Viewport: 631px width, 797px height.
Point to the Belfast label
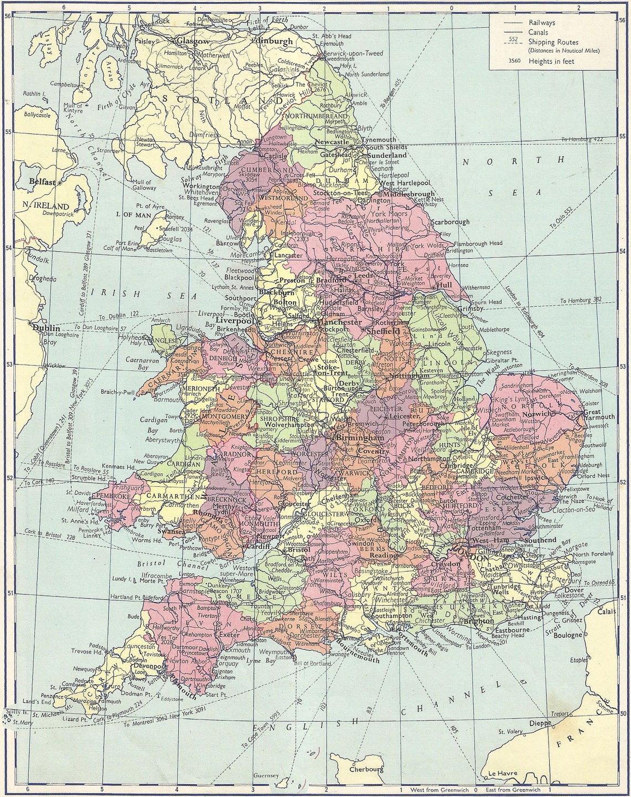coord(44,182)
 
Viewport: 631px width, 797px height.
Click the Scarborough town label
coord(451,222)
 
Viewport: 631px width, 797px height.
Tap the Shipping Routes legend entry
coord(554,42)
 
